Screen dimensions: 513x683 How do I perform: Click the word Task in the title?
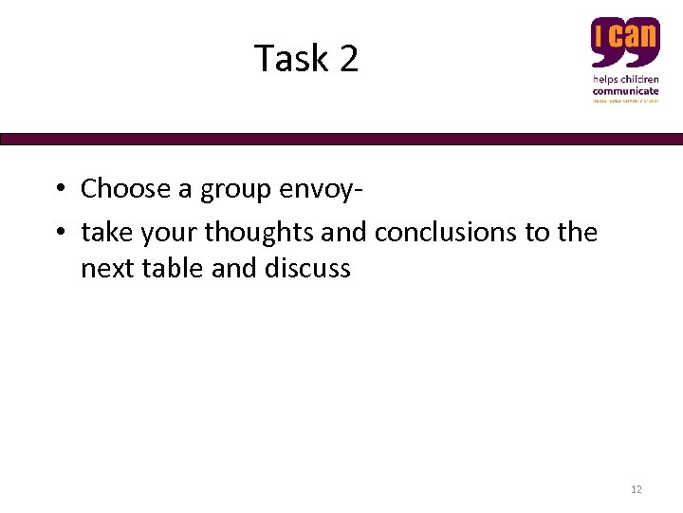[x=290, y=59]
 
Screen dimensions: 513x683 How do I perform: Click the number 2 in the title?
[x=348, y=59]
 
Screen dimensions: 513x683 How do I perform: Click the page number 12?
[x=636, y=489]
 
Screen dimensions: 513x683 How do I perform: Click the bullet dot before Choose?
[x=59, y=189]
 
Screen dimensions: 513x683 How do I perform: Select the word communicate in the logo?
[x=626, y=89]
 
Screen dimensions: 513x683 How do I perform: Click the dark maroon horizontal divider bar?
[x=341, y=139]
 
